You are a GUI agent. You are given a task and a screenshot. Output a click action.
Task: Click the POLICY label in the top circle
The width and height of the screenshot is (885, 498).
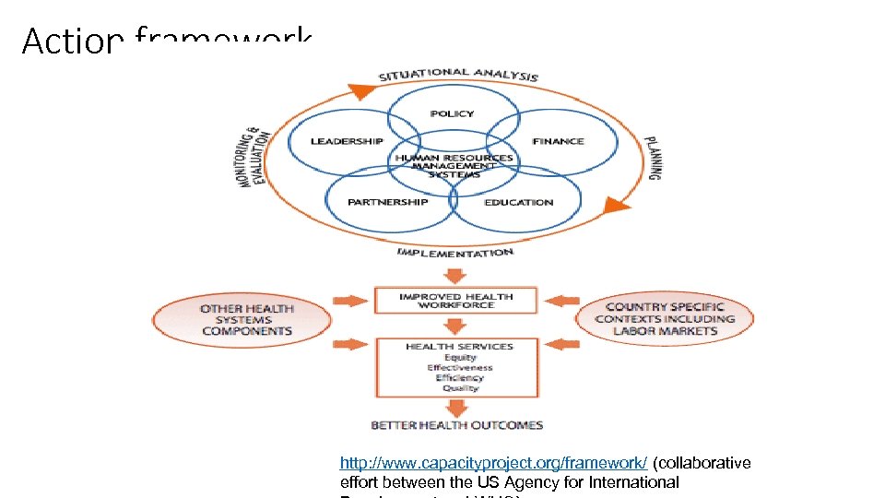click(x=452, y=113)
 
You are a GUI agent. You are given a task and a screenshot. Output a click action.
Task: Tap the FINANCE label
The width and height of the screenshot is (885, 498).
click(x=558, y=141)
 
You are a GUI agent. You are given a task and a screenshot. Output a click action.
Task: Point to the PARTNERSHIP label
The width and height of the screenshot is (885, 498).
click(x=387, y=202)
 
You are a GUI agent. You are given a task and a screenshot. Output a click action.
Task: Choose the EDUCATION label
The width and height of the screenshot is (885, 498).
click(x=519, y=202)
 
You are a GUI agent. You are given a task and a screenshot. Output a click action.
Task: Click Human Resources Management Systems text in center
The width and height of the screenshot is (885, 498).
click(x=454, y=166)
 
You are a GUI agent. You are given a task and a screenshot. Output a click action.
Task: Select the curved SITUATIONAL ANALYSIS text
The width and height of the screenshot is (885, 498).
click(x=458, y=75)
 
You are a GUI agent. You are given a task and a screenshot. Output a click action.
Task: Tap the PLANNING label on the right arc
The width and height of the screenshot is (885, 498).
click(x=652, y=153)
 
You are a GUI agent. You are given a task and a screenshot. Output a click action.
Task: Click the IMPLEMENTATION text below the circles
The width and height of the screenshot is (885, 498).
click(x=454, y=252)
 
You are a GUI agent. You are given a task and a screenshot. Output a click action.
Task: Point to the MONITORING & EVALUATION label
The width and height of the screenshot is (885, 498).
click(x=255, y=158)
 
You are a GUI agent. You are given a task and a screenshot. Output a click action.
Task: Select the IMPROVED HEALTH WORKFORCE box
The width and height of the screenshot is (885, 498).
click(x=455, y=301)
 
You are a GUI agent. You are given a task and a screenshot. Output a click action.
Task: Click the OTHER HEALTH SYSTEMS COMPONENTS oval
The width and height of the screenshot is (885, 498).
click(x=246, y=320)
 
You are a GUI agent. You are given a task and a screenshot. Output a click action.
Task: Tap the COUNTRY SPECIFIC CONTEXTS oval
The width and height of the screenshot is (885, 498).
click(x=665, y=319)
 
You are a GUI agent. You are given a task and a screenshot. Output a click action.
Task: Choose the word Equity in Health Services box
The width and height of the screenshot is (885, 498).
click(x=460, y=357)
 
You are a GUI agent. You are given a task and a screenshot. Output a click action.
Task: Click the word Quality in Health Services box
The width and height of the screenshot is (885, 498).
click(x=460, y=388)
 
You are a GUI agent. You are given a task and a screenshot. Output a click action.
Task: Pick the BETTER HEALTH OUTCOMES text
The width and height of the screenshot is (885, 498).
click(x=456, y=425)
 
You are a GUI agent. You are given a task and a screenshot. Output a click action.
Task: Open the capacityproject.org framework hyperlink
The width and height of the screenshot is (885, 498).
click(x=493, y=463)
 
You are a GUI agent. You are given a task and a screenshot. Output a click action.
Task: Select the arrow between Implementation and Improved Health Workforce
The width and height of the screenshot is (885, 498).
click(x=455, y=275)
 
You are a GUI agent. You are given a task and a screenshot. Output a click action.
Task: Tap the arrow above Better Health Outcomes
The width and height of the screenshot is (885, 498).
click(x=455, y=408)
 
